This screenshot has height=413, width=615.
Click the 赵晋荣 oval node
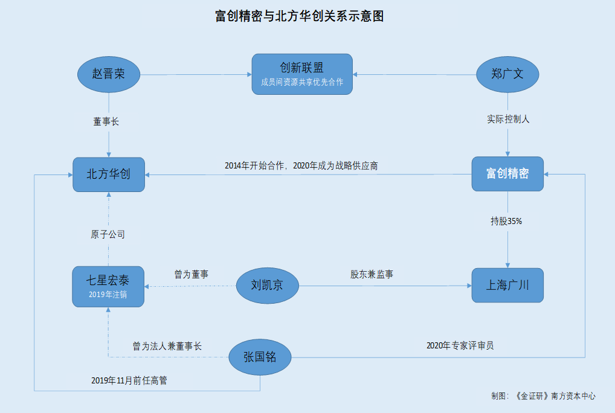point(109,74)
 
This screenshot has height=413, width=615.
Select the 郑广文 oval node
point(507,74)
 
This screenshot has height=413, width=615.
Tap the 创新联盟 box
point(302,74)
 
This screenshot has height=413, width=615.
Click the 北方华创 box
point(109,174)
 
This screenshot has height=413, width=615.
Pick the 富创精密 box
point(507,174)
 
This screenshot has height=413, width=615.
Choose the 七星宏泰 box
point(108,286)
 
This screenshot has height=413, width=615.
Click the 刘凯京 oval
point(268,285)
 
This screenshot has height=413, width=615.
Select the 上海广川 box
point(507,285)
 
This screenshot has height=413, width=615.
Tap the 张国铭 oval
point(260,357)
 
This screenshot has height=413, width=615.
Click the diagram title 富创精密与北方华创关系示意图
point(299,16)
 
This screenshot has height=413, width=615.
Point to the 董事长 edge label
point(106,121)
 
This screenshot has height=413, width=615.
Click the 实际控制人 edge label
point(508,119)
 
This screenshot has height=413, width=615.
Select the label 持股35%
point(506,221)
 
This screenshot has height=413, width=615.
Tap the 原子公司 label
point(108,234)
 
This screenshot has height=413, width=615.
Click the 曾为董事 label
point(192,274)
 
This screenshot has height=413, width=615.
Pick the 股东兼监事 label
point(372,274)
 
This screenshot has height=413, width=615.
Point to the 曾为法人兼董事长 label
point(167,346)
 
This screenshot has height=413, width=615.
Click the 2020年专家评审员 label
point(460,345)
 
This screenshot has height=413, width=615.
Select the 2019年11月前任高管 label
point(129,380)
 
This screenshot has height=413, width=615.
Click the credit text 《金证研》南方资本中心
point(555,396)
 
